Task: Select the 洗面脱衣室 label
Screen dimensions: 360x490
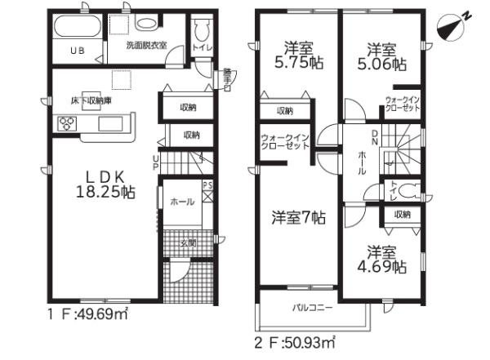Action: (x=147, y=47)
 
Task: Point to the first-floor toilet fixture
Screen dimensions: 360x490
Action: (x=203, y=32)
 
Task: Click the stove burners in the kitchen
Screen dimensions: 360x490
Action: (x=66, y=123)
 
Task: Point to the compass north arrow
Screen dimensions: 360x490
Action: (x=452, y=24)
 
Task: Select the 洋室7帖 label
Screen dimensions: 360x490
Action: (x=298, y=218)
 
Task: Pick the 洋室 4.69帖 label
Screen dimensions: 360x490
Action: (x=382, y=259)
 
